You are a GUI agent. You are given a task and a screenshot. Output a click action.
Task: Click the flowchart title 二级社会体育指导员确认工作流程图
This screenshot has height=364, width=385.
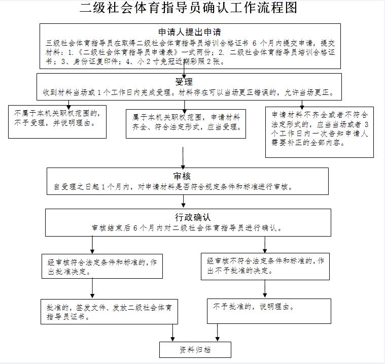pos(188,8)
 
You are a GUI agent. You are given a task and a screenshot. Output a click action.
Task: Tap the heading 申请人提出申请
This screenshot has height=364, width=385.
pos(190,32)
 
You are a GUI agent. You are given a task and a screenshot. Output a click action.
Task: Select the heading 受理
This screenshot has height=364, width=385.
pos(184,82)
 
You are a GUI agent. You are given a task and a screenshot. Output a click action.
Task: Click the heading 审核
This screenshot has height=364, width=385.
pos(182,176)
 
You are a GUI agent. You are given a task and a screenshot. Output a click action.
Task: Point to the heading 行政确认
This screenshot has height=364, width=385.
pos(193,217)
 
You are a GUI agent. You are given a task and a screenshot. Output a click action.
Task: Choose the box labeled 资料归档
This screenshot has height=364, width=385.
pos(195,349)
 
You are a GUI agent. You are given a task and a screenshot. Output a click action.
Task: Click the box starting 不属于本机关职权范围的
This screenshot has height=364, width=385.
pos(57,122)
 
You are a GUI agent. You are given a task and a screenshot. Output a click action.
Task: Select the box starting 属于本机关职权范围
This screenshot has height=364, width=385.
pos(186,124)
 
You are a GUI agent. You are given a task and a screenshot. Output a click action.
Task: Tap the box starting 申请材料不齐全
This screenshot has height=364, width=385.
pos(320,132)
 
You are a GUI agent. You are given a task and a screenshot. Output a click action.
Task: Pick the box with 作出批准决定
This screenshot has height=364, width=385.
pos(102,266)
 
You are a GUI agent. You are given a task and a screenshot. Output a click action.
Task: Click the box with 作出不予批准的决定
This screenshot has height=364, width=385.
pos(265,267)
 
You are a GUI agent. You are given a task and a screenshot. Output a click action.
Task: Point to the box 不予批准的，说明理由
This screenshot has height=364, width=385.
pos(269,311)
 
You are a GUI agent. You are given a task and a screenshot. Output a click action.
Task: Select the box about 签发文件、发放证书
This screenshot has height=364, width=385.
pos(109,311)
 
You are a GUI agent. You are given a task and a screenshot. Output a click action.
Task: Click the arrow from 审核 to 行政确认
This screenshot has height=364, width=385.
pos(184,201)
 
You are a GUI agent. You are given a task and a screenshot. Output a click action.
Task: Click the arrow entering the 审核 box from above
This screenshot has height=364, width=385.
pos(183,158)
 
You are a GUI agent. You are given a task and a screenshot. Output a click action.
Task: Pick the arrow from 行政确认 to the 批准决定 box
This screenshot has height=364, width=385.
pos(92,245)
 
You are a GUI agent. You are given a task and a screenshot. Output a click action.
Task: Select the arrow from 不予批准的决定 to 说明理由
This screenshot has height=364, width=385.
pos(265,289)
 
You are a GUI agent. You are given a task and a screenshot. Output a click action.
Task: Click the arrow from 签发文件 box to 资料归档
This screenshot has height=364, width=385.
pos(172,333)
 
